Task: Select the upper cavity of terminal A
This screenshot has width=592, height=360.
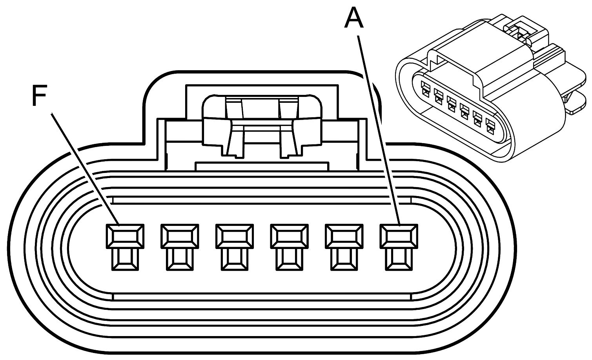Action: (399, 236)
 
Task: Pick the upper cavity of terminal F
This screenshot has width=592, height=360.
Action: (125, 236)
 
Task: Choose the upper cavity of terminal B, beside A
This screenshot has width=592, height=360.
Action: (344, 236)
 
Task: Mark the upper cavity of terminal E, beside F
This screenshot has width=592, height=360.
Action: (180, 236)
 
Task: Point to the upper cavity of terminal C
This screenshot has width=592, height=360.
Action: (289, 236)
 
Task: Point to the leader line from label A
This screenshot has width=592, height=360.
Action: (379, 129)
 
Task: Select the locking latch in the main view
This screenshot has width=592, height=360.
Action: (261, 122)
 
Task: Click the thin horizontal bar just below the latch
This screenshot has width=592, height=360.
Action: (261, 166)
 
